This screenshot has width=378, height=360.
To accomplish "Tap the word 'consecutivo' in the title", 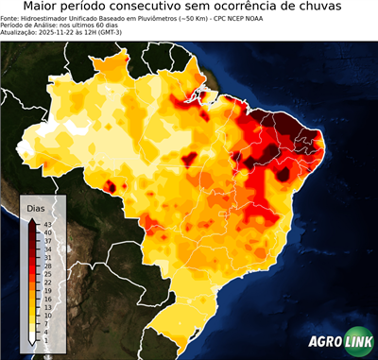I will pos(189,8).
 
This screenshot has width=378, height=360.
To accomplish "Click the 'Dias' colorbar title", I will pos(36,208).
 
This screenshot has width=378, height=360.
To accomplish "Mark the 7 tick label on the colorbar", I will pos(46,322).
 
